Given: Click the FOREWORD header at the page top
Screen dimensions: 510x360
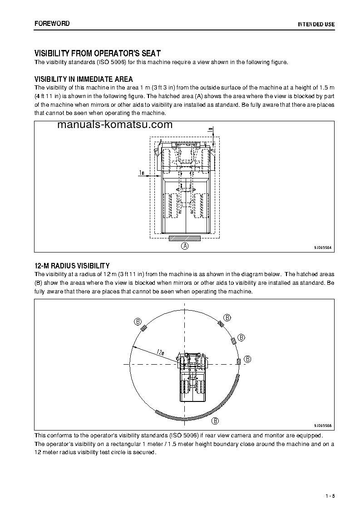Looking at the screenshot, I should point(52,23).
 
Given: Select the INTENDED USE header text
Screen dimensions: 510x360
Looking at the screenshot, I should point(316,24).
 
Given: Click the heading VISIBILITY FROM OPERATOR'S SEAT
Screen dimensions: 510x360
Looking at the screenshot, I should point(98,53).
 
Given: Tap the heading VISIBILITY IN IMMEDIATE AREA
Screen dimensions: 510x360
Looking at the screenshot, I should point(84,79).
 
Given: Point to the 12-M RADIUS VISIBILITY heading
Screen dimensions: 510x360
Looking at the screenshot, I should point(72,265).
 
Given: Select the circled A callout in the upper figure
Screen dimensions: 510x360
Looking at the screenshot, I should point(185,246).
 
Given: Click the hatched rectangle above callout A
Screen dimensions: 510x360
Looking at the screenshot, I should point(184,238).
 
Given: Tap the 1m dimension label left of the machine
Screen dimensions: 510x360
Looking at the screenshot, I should point(142,173).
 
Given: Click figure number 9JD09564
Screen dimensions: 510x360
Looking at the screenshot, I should point(323,248).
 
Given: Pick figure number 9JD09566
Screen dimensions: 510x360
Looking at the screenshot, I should point(323,426).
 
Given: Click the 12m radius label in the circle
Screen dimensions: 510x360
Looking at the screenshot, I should point(160,352).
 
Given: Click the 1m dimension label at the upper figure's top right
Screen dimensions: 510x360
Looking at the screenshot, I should point(210,130).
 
